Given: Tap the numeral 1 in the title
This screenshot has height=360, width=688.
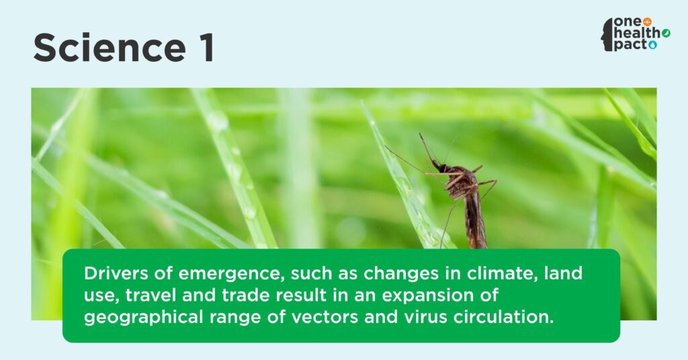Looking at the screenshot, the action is pyautogui.click(x=207, y=48).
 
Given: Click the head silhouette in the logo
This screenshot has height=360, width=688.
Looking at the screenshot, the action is pyautogui.click(x=607, y=35).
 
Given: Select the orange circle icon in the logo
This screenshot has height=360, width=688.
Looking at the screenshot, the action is pyautogui.click(x=647, y=21).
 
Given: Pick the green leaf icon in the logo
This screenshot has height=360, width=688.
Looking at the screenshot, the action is pyautogui.click(x=666, y=33).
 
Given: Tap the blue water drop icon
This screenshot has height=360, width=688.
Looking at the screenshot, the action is pyautogui.click(x=653, y=45).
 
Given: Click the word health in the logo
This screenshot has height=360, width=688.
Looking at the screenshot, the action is pyautogui.click(x=637, y=33).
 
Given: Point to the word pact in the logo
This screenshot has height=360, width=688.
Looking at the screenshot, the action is pyautogui.click(x=630, y=45).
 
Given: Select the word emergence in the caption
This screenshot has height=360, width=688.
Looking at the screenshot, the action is pyautogui.click(x=229, y=274).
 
